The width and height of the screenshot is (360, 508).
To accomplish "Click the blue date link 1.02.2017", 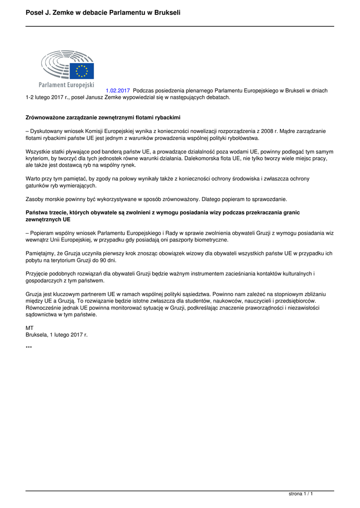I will pos(118,91).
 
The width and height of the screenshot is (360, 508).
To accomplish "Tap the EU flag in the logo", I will pos(81,71).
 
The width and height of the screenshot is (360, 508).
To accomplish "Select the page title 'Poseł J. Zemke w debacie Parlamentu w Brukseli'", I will pos(103,12).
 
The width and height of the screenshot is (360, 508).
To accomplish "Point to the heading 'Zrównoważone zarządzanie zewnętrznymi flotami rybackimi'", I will pos(103,118).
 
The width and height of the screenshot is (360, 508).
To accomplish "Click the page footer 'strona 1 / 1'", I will pos(301,494).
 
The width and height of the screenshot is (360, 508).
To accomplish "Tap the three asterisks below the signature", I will pos(29,347).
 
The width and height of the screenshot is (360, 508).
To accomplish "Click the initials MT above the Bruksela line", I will pos(29,328).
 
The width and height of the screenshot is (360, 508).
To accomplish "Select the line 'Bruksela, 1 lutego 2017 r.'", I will pos(57,335).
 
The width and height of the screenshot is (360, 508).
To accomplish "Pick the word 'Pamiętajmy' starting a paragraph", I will pos(41,253).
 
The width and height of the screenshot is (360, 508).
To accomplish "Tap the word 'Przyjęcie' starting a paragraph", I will pos(37,273).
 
